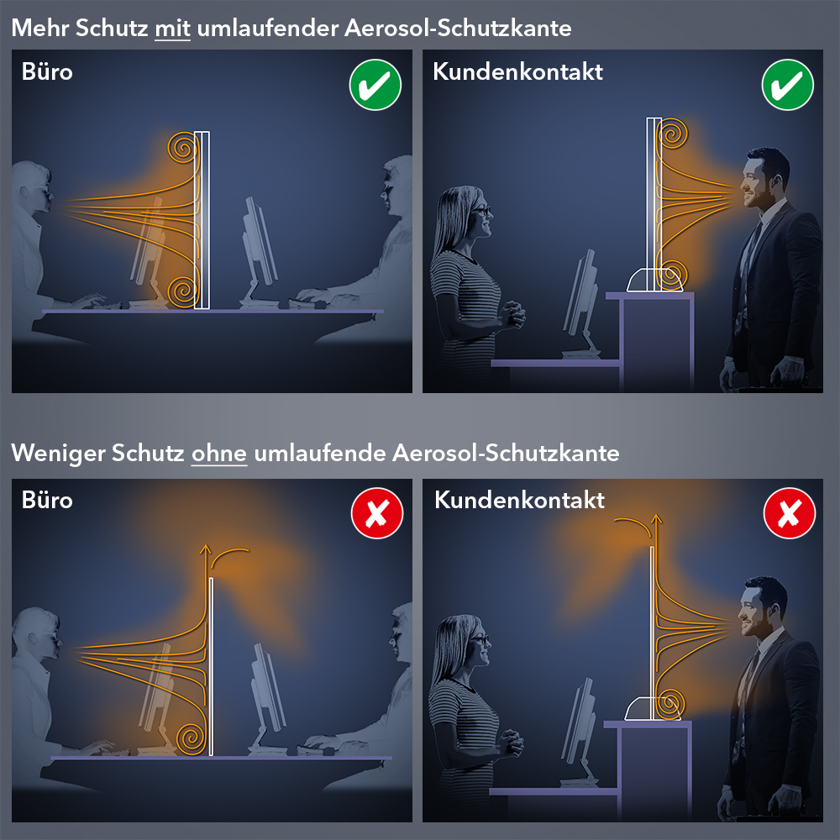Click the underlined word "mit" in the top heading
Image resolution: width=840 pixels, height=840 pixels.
(x=172, y=28)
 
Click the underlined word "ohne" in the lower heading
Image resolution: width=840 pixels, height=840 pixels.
(x=219, y=454)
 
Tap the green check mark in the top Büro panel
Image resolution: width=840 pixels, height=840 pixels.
(x=375, y=85)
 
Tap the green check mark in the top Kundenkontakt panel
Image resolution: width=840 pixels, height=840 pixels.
(x=788, y=85)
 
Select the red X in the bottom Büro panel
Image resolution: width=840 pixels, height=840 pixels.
(x=377, y=512)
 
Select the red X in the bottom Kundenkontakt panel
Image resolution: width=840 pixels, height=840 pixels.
(x=789, y=512)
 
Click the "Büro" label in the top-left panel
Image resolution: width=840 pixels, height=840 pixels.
(x=47, y=71)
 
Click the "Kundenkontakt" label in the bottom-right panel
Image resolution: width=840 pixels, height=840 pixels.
(x=519, y=500)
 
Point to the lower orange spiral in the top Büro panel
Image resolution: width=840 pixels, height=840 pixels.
(x=183, y=292)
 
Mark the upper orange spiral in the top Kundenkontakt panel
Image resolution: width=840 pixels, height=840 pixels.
(x=673, y=134)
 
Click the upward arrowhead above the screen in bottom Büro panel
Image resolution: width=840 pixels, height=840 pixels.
(x=205, y=549)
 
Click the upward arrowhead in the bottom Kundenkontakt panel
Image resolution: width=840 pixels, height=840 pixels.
(x=657, y=518)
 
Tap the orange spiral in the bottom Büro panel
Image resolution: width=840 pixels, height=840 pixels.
(x=191, y=738)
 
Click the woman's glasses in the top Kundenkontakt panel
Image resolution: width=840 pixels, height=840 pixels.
(x=481, y=211)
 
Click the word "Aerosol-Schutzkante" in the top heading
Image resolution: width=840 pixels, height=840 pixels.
(x=458, y=28)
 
